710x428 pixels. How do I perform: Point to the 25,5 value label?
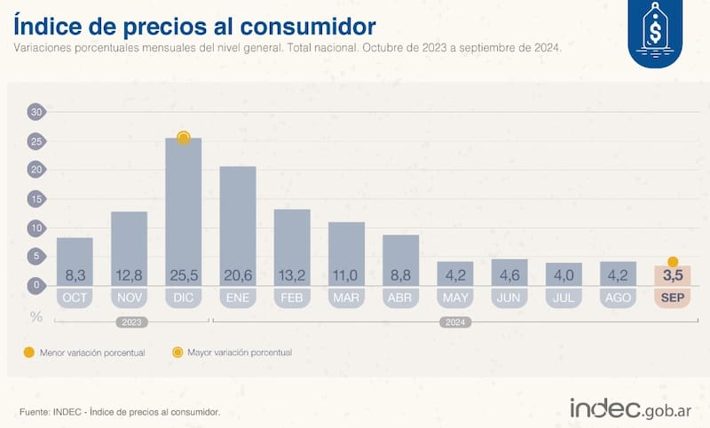tap(183, 274)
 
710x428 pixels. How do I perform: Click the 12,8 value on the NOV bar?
tap(129, 274)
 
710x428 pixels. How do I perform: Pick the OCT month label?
tap(75, 297)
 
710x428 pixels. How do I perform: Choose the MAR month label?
tap(346, 297)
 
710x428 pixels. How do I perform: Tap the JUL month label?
tap(564, 297)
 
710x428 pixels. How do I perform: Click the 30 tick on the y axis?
tap(36, 112)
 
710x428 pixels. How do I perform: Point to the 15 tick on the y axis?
tap(36, 199)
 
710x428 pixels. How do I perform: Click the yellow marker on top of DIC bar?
tap(184, 138)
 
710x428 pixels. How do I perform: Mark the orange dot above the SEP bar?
tap(673, 262)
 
